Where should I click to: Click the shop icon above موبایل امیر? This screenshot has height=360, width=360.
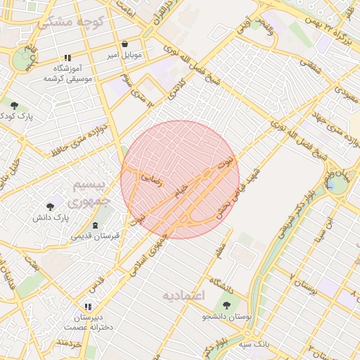(x=125, y=44)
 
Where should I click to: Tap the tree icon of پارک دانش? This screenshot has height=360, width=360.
(x=49, y=207)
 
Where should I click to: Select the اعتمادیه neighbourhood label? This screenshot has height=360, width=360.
(x=183, y=295)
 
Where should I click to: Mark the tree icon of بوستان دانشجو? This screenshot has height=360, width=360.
(x=226, y=304)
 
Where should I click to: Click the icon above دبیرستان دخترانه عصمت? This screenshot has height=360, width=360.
(x=87, y=307)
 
